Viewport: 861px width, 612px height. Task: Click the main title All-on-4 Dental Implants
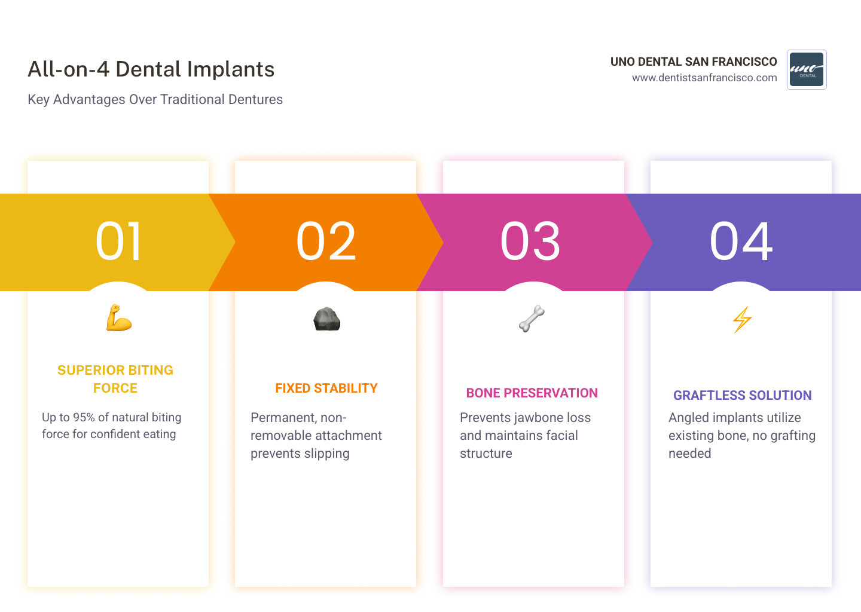click(151, 69)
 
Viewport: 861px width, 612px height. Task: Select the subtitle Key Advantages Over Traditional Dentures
click(155, 99)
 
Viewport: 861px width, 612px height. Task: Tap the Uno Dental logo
click(807, 69)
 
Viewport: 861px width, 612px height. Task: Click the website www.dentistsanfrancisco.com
click(704, 78)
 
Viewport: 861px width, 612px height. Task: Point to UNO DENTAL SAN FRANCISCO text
click(694, 62)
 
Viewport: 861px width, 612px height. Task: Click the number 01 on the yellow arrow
click(118, 241)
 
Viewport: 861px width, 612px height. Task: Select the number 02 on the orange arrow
click(326, 241)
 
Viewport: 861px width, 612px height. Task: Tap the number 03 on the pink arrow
click(530, 241)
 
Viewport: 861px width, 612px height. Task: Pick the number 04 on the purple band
click(741, 241)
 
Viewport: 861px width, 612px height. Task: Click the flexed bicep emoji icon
click(118, 318)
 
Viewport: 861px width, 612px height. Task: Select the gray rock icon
click(326, 319)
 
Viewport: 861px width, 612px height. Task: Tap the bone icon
click(532, 319)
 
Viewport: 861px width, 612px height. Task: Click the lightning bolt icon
click(742, 319)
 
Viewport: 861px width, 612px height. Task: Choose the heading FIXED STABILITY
click(326, 388)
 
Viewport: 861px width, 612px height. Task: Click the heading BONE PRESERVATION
click(532, 393)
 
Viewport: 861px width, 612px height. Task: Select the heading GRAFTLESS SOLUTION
click(742, 396)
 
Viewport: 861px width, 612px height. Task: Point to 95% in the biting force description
click(84, 418)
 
